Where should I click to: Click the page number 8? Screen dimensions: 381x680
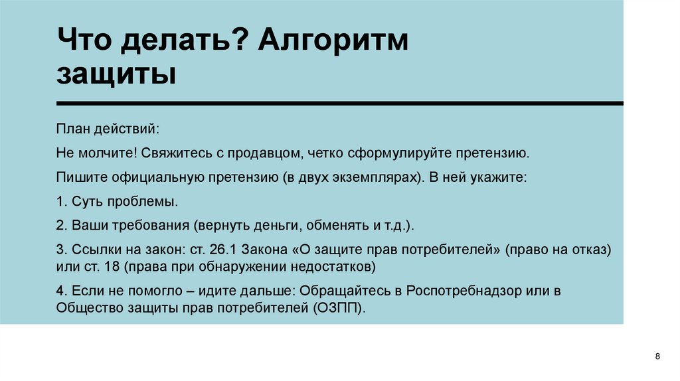pos(657,358)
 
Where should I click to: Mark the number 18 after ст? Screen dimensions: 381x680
pos(110,267)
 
